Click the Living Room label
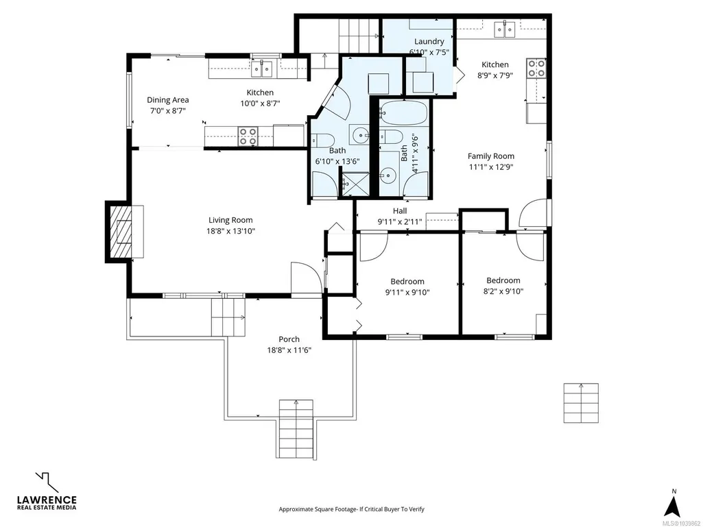[230, 220]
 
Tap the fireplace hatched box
[120, 231]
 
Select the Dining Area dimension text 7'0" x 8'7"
[167, 111]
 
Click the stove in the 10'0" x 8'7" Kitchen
[248, 136]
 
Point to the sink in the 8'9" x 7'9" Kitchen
[505, 29]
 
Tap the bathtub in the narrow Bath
[403, 112]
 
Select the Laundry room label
[429, 41]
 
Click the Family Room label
[491, 156]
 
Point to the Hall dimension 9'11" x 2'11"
[400, 221]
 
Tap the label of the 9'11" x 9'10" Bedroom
[407, 282]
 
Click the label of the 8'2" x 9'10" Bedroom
[503, 280]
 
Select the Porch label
[289, 339]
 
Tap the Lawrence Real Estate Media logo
[47, 491]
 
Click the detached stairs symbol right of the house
[581, 403]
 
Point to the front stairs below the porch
[296, 429]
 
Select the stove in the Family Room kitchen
[536, 68]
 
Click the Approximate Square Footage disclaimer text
[351, 509]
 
